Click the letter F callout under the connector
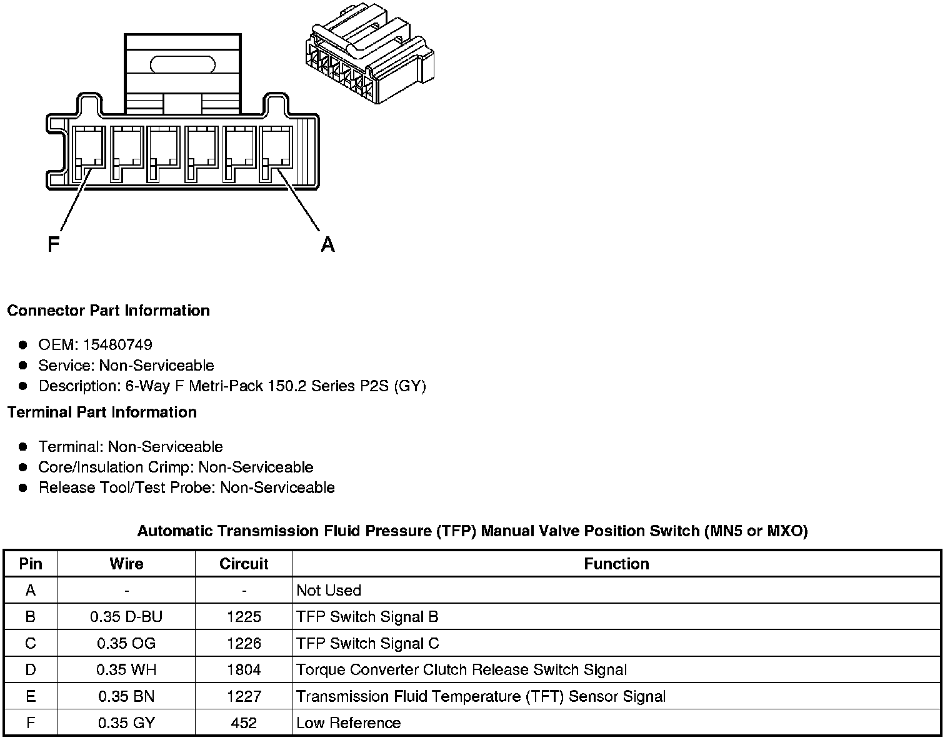click(53, 244)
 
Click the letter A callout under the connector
click(327, 244)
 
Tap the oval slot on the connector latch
click(182, 64)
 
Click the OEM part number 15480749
click(117, 345)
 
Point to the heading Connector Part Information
click(109, 311)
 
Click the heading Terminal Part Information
click(102, 412)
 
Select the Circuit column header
click(244, 564)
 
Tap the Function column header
click(616, 564)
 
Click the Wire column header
click(126, 564)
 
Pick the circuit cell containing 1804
click(244, 670)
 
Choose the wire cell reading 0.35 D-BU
click(126, 617)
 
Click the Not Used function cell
click(329, 591)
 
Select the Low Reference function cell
click(349, 723)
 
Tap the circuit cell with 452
click(244, 723)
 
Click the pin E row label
click(31, 696)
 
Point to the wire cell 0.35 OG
click(126, 644)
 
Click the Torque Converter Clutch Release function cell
click(461, 670)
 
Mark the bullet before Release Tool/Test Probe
click(23, 488)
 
